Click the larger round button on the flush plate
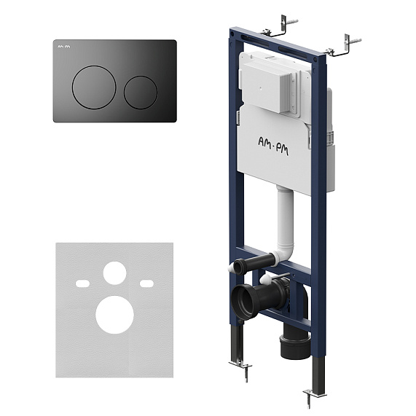click(94, 87)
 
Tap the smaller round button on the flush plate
click(141, 93)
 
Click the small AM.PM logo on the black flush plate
click(64, 47)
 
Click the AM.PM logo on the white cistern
click(273, 146)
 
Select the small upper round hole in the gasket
click(114, 273)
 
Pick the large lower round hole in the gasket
click(114, 315)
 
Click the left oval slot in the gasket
click(82, 283)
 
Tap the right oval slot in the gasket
click(146, 283)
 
